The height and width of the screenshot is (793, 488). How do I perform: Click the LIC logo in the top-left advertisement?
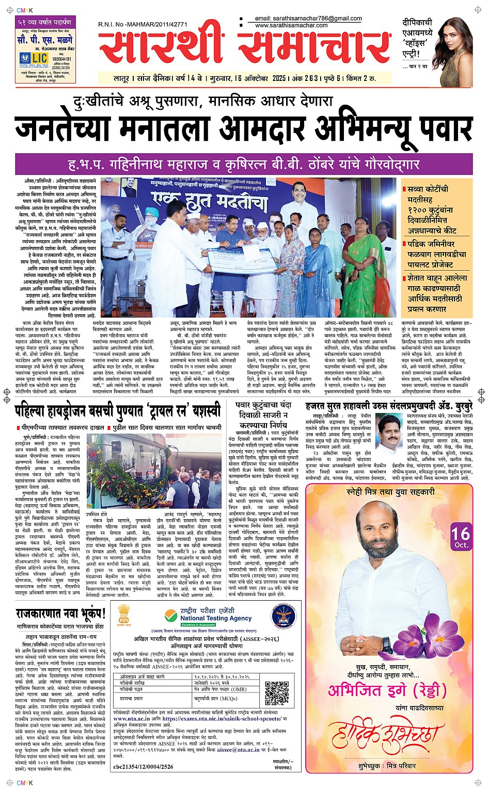33,58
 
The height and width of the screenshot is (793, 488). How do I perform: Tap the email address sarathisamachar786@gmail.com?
308,19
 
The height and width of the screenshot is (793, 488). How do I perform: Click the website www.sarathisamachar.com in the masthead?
291,25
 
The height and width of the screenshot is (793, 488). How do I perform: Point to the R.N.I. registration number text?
143,24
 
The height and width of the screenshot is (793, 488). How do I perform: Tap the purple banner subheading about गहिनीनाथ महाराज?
244,165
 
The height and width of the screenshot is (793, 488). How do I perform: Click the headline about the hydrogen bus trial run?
118,411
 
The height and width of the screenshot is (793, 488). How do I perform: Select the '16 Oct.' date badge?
460,537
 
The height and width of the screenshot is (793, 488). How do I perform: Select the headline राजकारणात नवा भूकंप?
60,614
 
